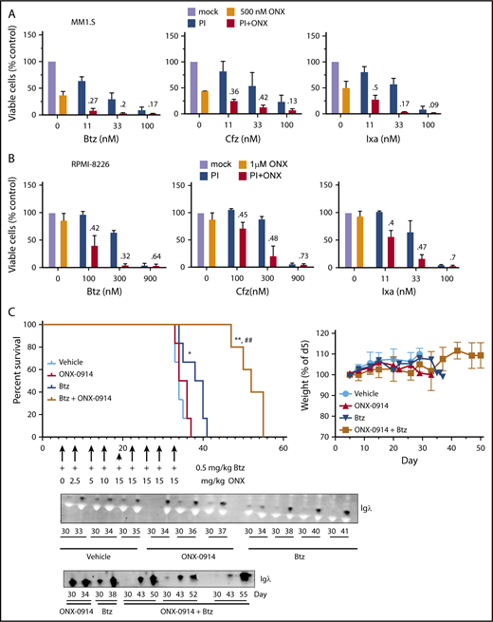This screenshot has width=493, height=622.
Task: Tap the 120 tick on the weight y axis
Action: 325,333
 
